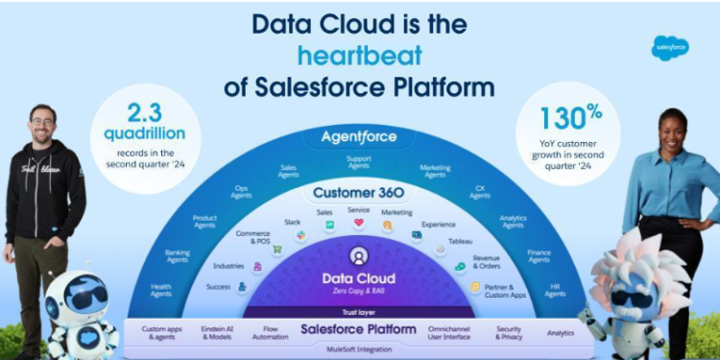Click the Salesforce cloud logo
coord(670,47)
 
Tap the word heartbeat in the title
coord(359,55)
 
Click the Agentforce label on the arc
coord(359,136)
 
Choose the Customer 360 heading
coord(359,192)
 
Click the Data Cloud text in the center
coord(358,278)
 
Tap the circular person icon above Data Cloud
coord(358,256)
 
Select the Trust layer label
coord(358,311)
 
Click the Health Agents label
coord(161,289)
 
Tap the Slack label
coord(292,222)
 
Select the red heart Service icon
coord(359,223)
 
